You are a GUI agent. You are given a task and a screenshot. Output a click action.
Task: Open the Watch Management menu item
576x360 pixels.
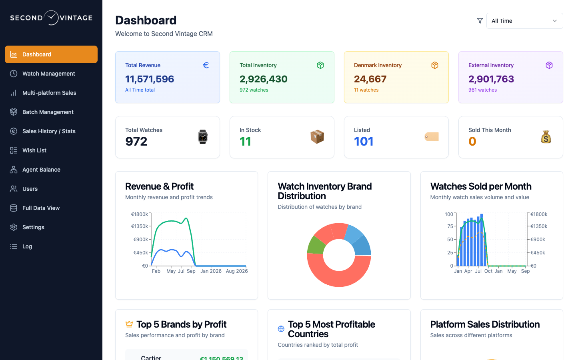point(49,74)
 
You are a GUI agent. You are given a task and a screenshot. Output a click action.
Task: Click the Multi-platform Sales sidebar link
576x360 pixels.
point(49,93)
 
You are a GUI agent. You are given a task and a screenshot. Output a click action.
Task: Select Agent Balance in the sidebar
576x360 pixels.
point(41,170)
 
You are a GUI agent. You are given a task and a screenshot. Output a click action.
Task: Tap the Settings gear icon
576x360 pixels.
point(14,227)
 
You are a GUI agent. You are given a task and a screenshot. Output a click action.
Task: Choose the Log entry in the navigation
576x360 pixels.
point(27,246)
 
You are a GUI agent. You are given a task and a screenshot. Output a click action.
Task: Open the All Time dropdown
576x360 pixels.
point(524,21)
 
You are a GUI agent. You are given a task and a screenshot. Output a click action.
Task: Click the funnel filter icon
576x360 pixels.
point(480,21)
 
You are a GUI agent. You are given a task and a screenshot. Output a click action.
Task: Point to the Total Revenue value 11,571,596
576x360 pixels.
point(150,79)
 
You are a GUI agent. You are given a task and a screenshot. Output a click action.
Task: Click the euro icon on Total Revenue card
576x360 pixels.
point(206,65)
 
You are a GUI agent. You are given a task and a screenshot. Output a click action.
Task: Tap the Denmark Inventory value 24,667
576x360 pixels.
point(370,79)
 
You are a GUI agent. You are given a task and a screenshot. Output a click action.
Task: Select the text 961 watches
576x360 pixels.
point(482,90)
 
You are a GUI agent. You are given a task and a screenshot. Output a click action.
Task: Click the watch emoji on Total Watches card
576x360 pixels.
point(203,137)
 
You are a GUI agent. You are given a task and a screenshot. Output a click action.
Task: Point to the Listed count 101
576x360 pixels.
point(364,142)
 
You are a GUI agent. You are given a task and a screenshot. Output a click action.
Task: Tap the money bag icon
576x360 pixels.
point(546,137)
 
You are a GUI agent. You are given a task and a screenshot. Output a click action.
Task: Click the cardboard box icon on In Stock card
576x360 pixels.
point(317,137)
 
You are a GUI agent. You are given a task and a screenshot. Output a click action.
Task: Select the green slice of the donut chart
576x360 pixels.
point(316,245)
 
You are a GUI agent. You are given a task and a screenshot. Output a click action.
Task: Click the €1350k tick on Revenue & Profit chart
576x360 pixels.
point(140,226)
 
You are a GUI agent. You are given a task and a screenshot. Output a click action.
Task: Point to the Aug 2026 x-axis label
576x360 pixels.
point(237,271)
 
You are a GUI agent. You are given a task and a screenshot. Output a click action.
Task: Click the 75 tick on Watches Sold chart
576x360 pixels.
point(450,226)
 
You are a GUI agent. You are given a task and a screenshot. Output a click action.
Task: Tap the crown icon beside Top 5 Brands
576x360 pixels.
point(129,324)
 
